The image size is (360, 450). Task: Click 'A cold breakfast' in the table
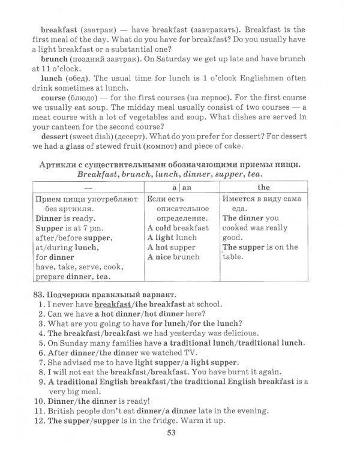178,227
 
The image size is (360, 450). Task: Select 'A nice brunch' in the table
173,257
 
